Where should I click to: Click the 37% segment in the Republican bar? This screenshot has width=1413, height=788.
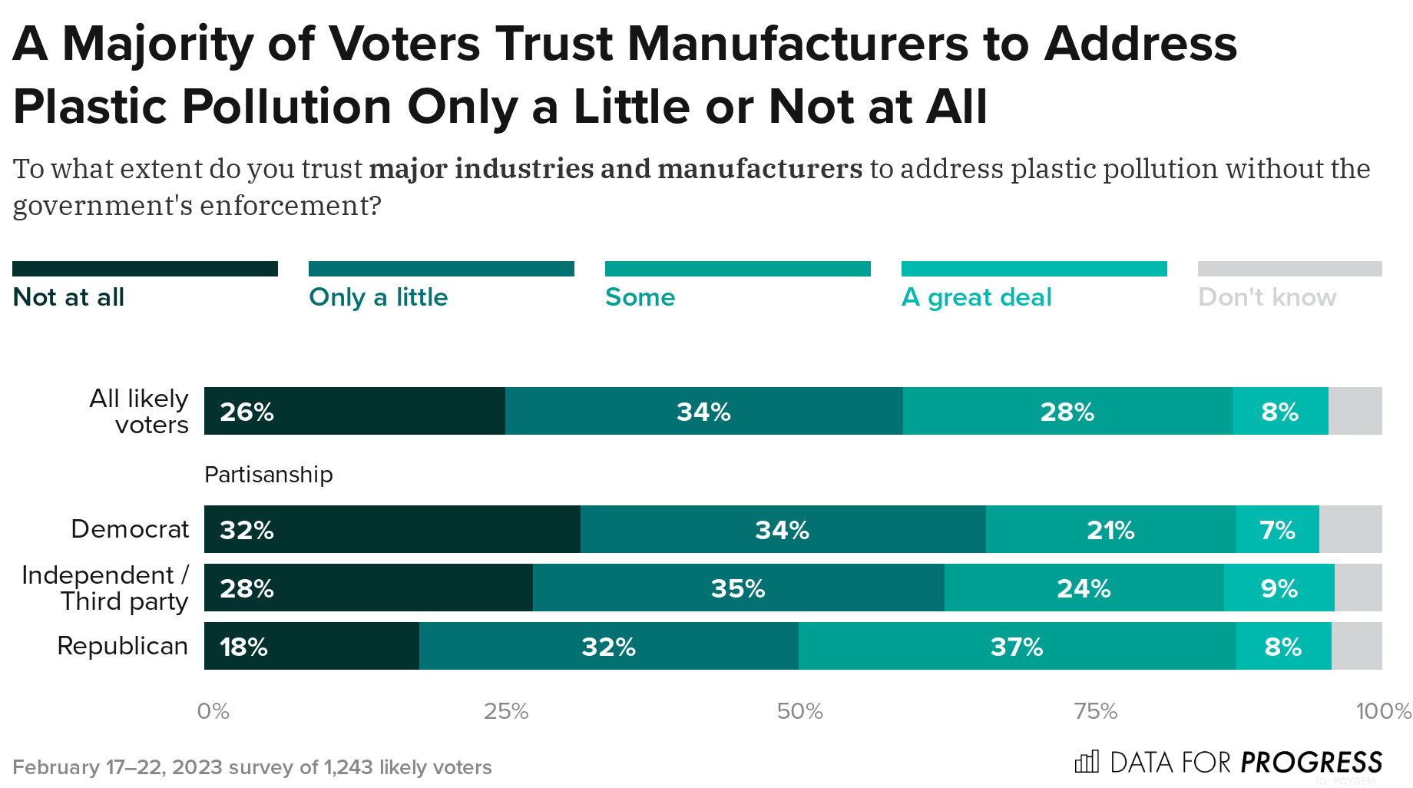coord(1017,646)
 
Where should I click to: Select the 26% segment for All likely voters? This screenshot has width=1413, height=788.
coord(354,411)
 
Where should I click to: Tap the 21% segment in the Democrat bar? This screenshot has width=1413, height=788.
coord(1110,529)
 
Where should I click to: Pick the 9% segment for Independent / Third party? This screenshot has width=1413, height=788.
coord(1279,588)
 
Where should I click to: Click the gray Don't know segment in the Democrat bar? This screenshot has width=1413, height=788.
coord(1350,529)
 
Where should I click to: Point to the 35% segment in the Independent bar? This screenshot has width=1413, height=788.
coord(738,588)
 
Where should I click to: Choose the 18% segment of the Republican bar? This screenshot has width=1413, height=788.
coord(311,646)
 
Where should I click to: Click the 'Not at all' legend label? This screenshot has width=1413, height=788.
coord(69,297)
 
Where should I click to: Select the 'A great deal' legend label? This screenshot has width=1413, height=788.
coord(976,297)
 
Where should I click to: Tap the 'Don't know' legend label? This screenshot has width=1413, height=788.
coord(1267,297)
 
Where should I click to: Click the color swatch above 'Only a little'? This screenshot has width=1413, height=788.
coord(441,269)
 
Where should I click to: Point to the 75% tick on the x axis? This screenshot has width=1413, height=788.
coord(1095,711)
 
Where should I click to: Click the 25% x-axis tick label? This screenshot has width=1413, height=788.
coord(506,711)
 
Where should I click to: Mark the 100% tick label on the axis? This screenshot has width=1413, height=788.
coord(1383,711)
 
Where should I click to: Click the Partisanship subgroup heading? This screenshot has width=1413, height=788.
coord(269,475)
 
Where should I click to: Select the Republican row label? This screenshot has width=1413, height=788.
coord(123,646)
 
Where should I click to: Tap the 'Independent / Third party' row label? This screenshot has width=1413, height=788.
coord(105,588)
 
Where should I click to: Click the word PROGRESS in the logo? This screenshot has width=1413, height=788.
coord(1311,762)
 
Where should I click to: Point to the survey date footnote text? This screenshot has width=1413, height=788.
coord(252,767)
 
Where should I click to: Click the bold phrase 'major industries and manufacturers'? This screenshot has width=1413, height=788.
coord(616,169)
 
